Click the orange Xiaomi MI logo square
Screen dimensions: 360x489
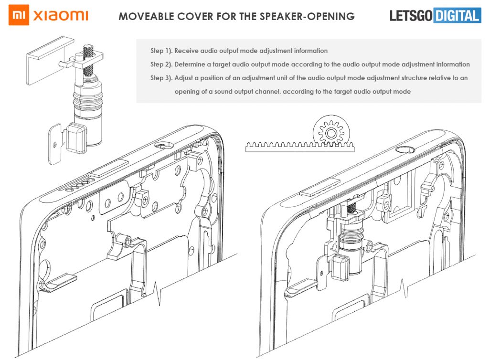[19, 16]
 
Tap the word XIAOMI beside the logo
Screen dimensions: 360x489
[61, 16]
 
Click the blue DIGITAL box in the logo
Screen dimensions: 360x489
[457, 16]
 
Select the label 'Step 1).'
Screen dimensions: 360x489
[161, 51]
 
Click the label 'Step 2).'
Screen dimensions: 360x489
[161, 64]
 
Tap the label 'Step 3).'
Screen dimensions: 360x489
[161, 77]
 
